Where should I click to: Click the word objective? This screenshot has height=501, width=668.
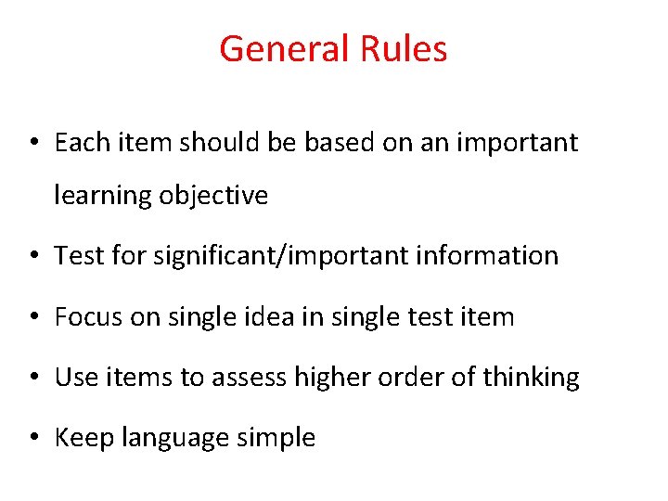pyautogui.click(x=213, y=196)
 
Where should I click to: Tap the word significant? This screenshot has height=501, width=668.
pyautogui.click(x=199, y=256)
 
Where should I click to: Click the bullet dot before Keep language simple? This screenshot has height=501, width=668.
pyautogui.click(x=33, y=438)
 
